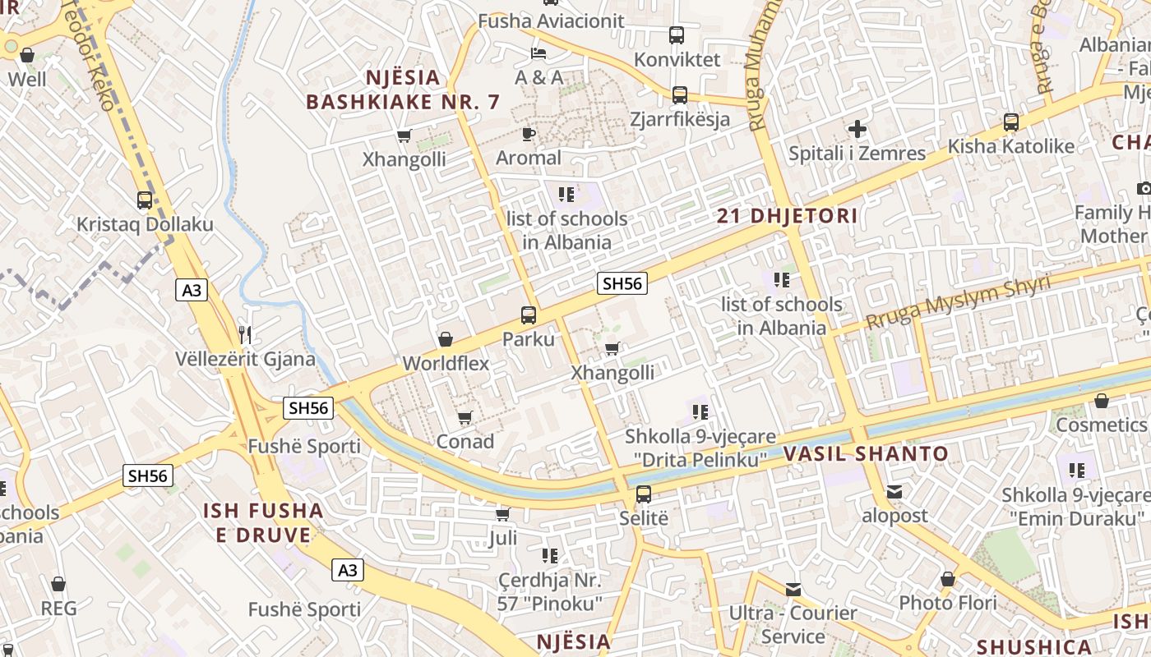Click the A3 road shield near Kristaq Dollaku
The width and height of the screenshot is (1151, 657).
click(x=191, y=290)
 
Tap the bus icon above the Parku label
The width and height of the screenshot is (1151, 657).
click(x=529, y=315)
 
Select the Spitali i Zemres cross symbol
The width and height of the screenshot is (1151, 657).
click(x=857, y=129)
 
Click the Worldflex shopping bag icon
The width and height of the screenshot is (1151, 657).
click(x=446, y=339)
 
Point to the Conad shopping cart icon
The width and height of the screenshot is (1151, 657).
click(x=465, y=418)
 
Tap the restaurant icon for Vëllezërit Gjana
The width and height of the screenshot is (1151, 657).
click(x=244, y=334)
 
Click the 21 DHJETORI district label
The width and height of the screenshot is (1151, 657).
click(x=787, y=217)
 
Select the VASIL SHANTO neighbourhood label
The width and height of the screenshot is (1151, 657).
click(x=866, y=454)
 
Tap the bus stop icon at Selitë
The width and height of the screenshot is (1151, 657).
click(x=644, y=494)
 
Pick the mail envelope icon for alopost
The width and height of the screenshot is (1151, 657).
click(x=894, y=492)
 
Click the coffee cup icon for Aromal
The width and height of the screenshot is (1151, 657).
click(x=529, y=134)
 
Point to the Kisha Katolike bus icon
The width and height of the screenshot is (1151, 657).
click(x=1011, y=122)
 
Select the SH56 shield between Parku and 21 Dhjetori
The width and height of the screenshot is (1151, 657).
click(x=622, y=284)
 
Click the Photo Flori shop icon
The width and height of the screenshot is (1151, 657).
click(x=948, y=579)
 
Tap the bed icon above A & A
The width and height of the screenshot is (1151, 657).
click(x=539, y=53)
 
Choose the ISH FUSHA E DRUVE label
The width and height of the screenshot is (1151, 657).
click(x=263, y=523)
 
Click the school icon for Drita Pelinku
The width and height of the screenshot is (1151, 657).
click(x=700, y=411)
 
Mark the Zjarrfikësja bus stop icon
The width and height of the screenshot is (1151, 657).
click(x=680, y=95)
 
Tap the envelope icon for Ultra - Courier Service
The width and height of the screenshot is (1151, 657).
click(x=793, y=589)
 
